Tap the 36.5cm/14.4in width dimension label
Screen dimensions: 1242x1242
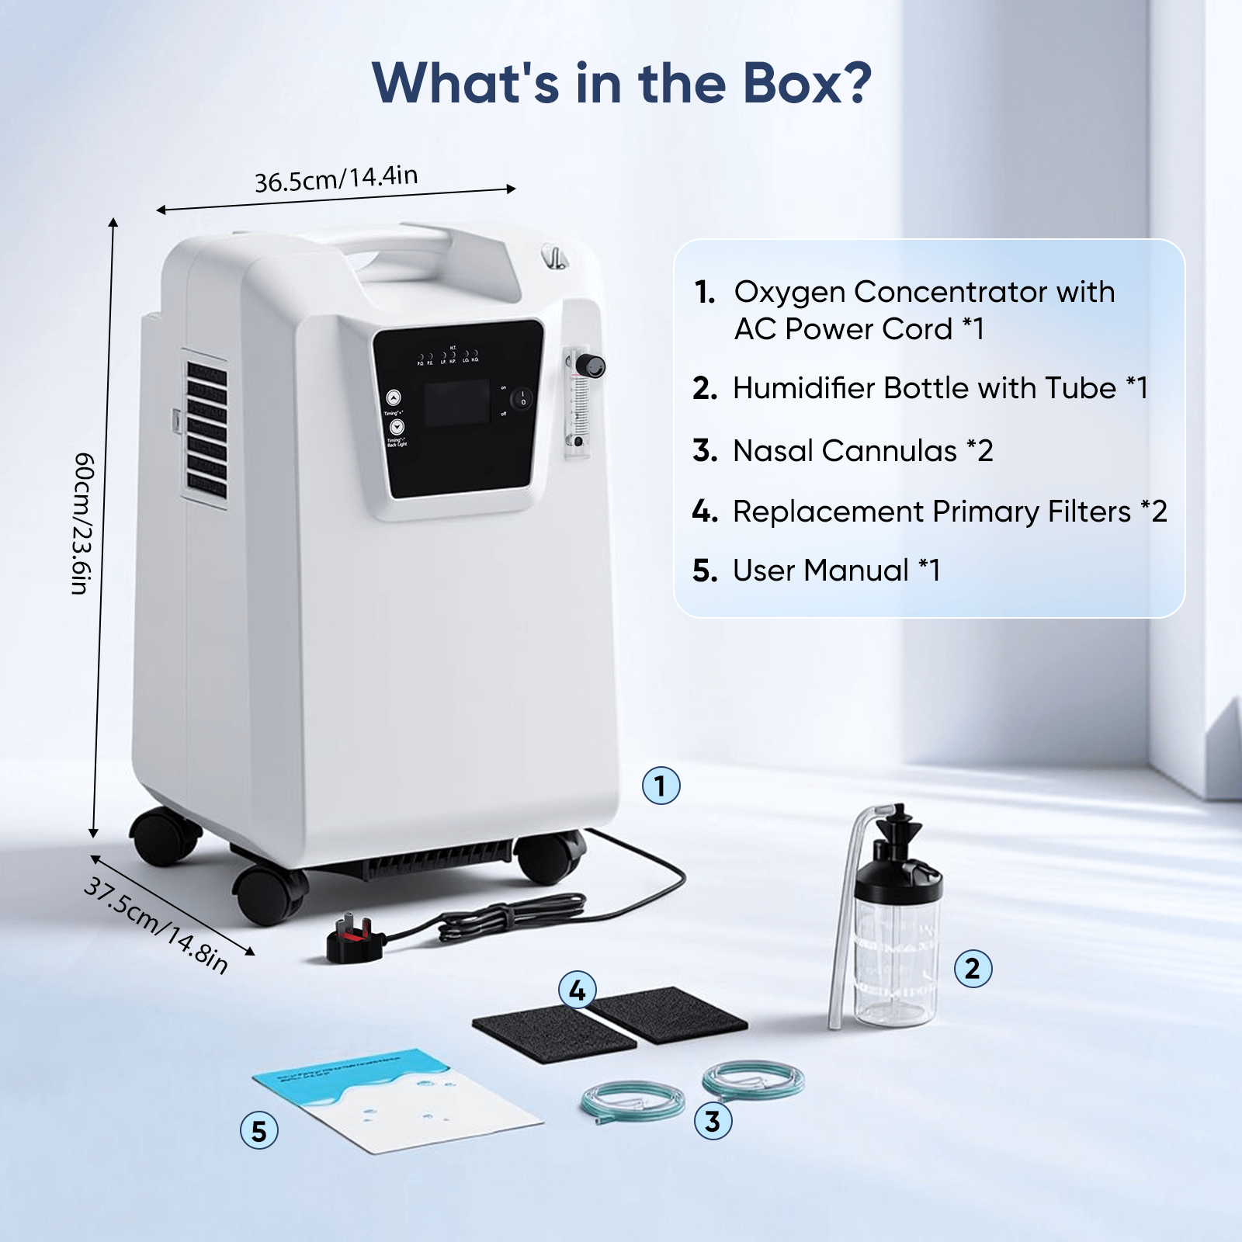tap(336, 179)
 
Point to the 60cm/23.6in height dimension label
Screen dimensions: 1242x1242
tap(83, 523)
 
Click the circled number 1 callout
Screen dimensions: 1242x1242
tap(661, 786)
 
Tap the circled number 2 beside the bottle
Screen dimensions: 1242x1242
tap(973, 969)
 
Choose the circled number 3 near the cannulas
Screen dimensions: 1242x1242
tap(713, 1121)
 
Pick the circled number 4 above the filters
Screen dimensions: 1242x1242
tap(578, 990)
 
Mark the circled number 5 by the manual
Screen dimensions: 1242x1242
tap(259, 1131)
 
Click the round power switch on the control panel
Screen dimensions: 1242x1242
tap(522, 399)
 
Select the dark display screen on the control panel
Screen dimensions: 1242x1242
tap(457, 403)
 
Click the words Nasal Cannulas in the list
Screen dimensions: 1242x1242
tap(845, 451)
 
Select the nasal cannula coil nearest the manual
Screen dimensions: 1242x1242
tap(633, 1101)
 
